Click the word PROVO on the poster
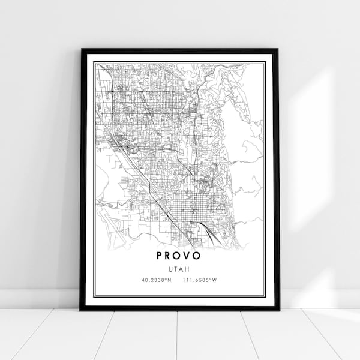(179, 256)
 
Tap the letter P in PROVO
(160, 256)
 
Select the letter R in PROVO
(169, 256)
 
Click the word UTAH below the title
(179, 269)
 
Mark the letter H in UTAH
(187, 269)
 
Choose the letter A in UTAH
(181, 269)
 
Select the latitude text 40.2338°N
(156, 280)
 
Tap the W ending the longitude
(214, 280)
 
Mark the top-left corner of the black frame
(81, 50)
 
